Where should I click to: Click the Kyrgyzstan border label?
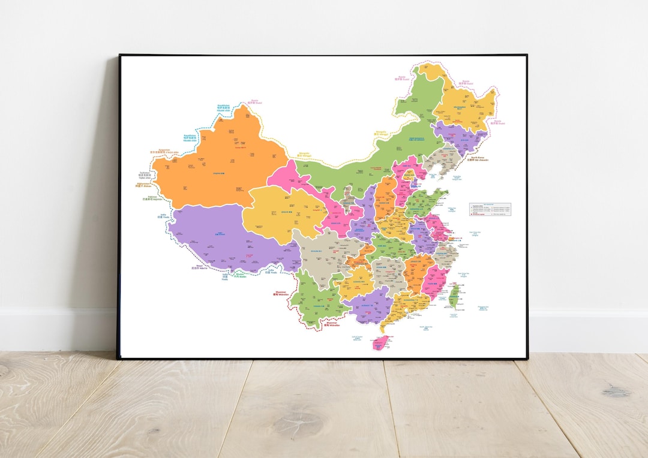point(160,151)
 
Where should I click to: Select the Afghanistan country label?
point(143,186)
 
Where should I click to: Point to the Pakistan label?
point(150,198)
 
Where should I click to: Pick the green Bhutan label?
point(241,276)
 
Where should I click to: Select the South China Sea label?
point(425,329)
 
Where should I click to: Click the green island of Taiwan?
point(454,296)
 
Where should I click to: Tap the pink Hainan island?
point(379,343)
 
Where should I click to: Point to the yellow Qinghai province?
point(282,213)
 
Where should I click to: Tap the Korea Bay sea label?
point(457,179)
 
